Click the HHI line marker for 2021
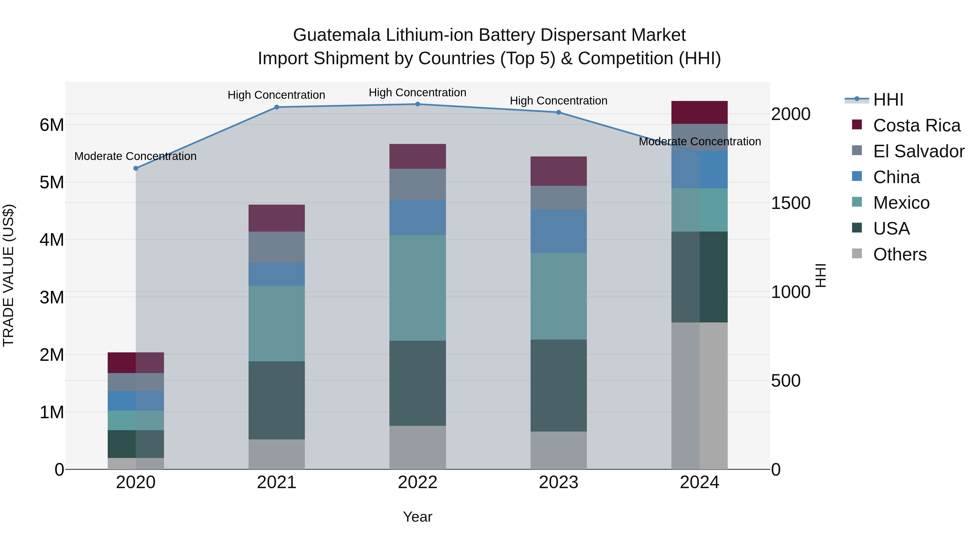click(277, 107)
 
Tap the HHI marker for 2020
click(136, 168)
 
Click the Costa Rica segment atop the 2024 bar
click(699, 113)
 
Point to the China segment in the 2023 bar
click(558, 231)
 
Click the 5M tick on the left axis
click(52, 183)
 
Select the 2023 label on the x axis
click(558, 482)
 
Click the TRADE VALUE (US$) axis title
click(8, 275)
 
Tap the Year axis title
click(417, 517)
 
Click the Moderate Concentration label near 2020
click(135, 156)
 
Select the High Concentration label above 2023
click(558, 101)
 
